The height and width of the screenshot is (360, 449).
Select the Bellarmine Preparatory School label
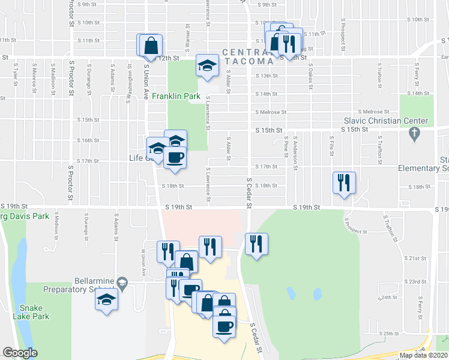click(x=96, y=284)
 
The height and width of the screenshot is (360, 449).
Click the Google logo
click(x=20, y=353)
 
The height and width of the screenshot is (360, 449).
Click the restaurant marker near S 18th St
click(x=344, y=182)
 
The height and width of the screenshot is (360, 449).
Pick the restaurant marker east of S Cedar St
click(x=256, y=244)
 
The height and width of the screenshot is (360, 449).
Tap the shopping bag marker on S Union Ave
click(x=151, y=45)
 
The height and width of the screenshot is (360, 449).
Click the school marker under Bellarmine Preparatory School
click(x=106, y=299)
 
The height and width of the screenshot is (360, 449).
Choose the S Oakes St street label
click(x=311, y=73)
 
